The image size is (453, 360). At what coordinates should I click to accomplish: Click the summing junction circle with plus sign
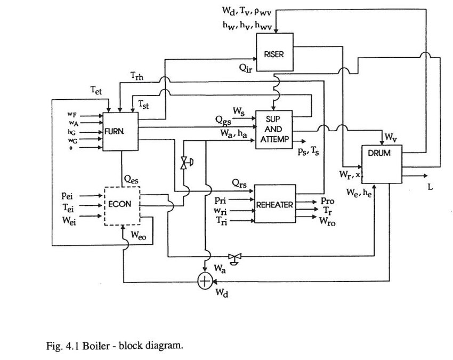[205, 281]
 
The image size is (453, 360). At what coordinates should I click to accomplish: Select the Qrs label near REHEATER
[238, 182]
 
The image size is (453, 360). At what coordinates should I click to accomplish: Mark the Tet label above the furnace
[96, 91]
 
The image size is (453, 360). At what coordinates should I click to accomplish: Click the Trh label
[137, 76]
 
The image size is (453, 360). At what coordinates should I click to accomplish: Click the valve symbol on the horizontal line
[233, 257]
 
